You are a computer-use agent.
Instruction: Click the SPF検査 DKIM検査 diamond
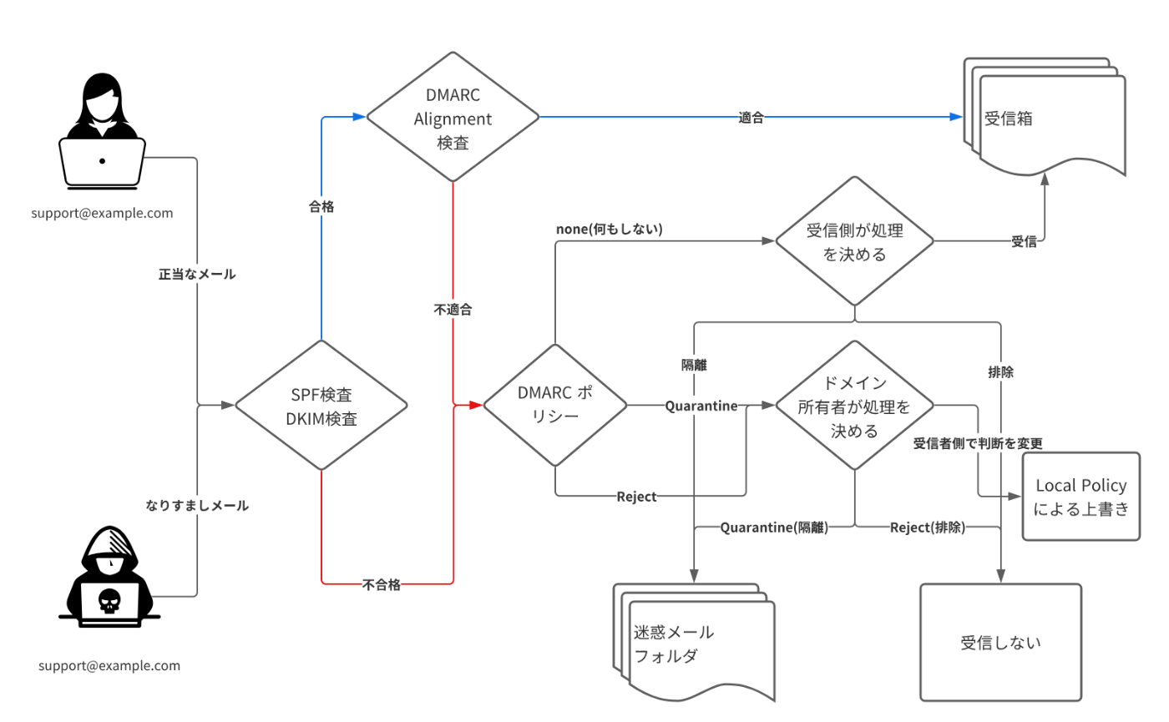(x=321, y=407)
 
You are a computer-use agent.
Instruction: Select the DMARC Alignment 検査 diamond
(x=453, y=118)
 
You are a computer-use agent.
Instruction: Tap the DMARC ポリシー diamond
(x=555, y=406)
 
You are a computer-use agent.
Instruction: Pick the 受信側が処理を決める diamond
(x=855, y=243)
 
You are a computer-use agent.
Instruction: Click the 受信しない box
(x=1000, y=643)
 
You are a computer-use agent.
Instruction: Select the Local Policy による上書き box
(x=1080, y=497)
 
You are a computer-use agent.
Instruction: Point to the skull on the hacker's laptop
(x=109, y=600)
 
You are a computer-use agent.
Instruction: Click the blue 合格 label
(x=321, y=206)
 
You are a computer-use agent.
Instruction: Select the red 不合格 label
(x=382, y=584)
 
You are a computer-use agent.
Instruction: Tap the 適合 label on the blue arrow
(x=751, y=118)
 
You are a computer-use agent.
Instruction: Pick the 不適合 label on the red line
(x=453, y=310)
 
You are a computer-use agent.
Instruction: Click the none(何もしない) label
(x=609, y=228)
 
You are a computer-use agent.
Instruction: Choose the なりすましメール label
(x=197, y=505)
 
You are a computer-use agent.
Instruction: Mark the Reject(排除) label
(x=928, y=527)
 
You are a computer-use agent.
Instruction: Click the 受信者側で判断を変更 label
(x=979, y=442)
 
